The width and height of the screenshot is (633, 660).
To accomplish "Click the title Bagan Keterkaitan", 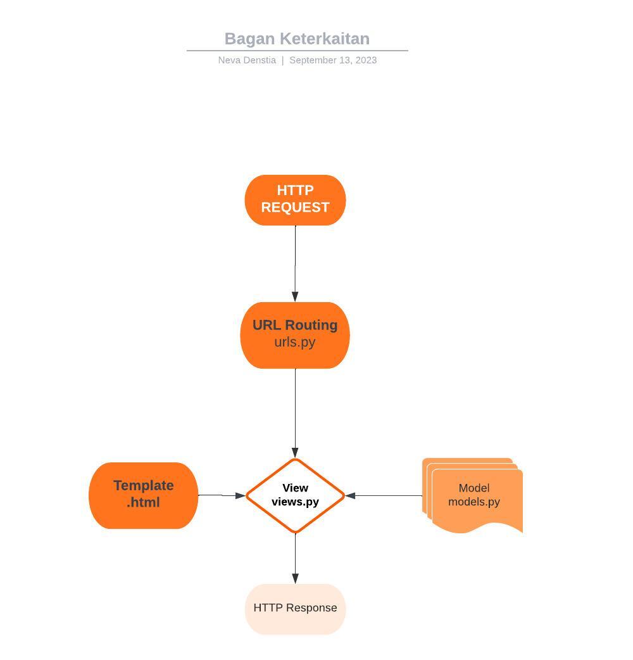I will (297, 39).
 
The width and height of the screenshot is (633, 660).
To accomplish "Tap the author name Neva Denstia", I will (247, 60).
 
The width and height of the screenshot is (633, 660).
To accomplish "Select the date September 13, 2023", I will (333, 60).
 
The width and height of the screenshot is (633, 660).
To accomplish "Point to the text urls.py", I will (295, 343).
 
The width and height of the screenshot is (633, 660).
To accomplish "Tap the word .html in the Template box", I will (143, 503).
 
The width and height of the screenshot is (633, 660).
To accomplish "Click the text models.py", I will (474, 502).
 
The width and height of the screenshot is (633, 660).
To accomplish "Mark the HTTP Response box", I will (295, 608).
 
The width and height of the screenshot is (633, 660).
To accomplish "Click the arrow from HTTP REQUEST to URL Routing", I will (295, 263).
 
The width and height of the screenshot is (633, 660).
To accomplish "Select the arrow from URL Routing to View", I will (295, 412).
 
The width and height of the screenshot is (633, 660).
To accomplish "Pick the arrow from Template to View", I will (222, 495).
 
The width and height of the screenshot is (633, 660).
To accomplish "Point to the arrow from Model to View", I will (384, 495).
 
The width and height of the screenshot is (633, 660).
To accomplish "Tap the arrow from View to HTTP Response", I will (295, 557).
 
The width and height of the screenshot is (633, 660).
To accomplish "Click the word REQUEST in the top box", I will (295, 208).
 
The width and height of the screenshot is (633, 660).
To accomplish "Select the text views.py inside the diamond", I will (295, 502).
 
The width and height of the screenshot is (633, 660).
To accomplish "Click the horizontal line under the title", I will (297, 51).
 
